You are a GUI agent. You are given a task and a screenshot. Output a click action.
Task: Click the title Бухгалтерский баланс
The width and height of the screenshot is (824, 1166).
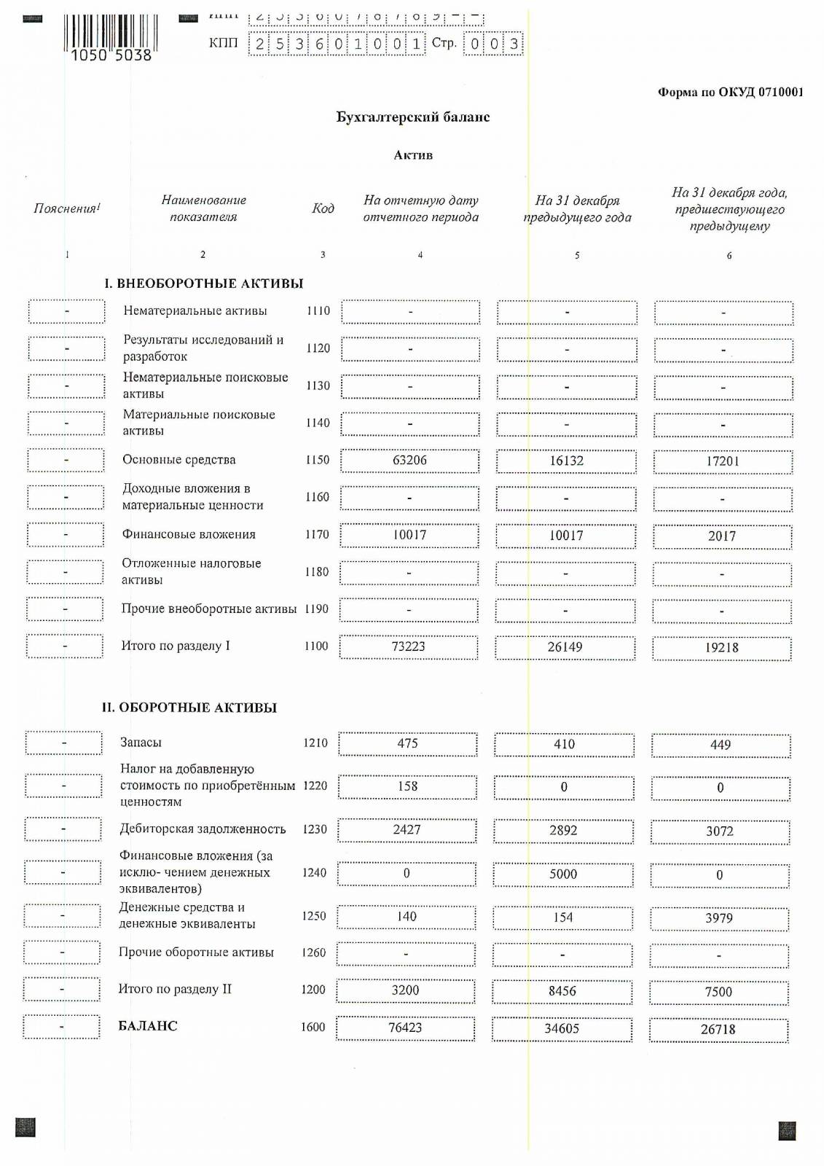tap(412, 117)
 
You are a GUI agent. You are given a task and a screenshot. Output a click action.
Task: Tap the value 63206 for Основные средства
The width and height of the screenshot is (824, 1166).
tap(409, 461)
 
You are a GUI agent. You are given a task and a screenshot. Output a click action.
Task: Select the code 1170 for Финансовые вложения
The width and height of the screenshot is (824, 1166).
tap(317, 535)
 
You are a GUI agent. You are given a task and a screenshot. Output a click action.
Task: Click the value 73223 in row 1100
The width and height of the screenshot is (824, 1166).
tap(408, 647)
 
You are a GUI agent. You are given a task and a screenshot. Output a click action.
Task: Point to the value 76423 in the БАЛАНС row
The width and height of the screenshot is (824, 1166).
tap(405, 1028)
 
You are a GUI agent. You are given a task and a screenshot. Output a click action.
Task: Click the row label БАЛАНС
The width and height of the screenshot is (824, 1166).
tap(148, 1026)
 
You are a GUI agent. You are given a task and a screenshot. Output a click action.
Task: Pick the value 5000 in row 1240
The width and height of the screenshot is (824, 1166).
tap(563, 874)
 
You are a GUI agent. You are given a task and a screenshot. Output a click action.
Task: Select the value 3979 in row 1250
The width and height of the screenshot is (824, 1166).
tap(719, 919)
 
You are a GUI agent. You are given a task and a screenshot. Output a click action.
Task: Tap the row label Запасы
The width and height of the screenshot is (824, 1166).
tap(141, 743)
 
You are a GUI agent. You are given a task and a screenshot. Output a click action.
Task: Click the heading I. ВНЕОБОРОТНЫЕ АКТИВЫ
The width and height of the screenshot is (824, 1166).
tap(203, 283)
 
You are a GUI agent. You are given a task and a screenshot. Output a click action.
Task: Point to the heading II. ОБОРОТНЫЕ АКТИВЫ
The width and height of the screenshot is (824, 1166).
tap(189, 708)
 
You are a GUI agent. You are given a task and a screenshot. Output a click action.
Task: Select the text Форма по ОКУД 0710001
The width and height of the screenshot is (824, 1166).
tap(730, 93)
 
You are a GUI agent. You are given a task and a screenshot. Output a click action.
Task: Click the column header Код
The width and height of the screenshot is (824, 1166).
tap(323, 208)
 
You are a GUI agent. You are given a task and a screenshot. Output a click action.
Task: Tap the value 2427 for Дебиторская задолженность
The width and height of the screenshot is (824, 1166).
tap(407, 830)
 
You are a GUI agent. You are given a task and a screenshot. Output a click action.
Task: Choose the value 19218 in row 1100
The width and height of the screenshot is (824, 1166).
tap(721, 648)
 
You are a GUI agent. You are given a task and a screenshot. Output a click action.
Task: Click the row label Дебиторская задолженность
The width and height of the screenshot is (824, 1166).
tap(203, 829)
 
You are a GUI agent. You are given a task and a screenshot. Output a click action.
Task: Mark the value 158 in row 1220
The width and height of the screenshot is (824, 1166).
tap(407, 787)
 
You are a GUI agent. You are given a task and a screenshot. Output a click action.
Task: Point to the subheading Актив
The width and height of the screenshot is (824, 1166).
tap(413, 155)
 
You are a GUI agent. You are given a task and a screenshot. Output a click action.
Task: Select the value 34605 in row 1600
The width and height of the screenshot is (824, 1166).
tap(562, 1029)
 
